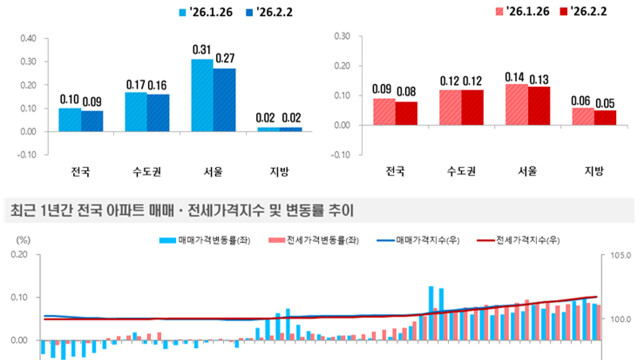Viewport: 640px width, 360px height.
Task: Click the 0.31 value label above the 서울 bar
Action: [x=202, y=50]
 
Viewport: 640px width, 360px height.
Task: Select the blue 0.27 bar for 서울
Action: [x=224, y=100]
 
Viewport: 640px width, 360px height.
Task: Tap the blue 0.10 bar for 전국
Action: [x=70, y=119]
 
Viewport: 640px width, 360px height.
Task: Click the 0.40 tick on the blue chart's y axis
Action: [x=27, y=39]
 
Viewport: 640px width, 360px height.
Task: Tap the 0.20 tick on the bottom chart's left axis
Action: [x=20, y=255]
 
